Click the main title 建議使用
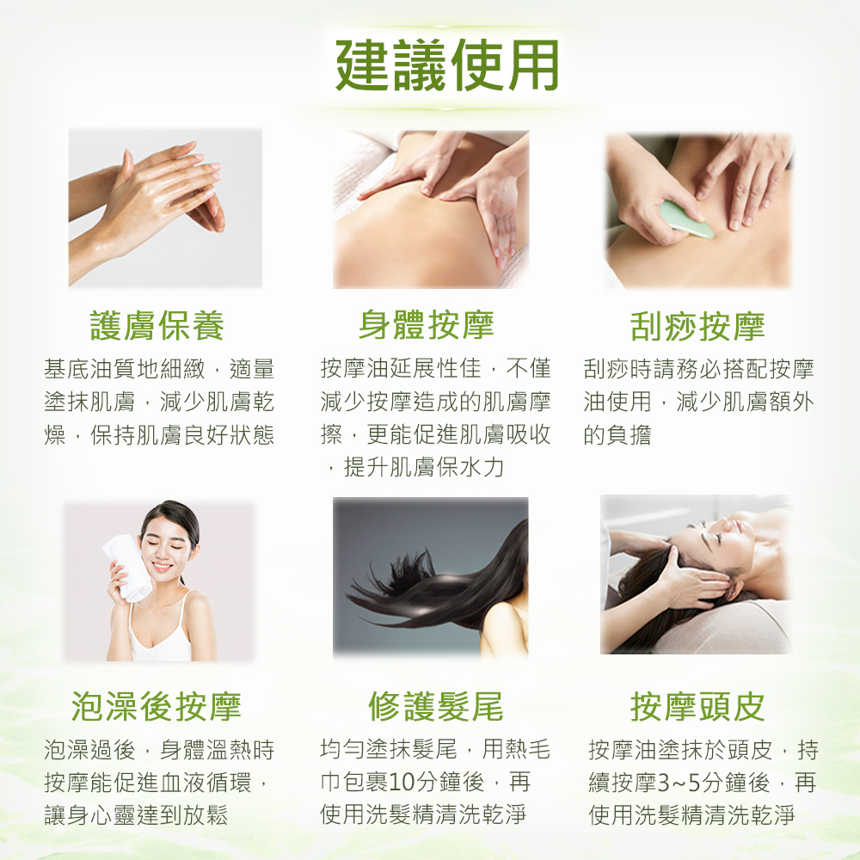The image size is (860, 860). coord(447,65)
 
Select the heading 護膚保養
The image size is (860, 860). coord(157,325)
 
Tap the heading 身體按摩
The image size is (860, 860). coord(427,324)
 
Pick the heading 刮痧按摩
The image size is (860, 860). coord(697,326)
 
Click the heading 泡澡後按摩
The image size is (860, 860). coord(157,706)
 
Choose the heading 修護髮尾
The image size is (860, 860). coord(435,706)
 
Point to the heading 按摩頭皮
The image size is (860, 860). coord(697,706)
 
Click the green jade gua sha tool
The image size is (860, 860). coord(686,220)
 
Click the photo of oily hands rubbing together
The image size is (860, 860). coord(165,208)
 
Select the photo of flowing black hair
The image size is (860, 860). coord(431,577)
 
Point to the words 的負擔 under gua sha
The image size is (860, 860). coord(617,435)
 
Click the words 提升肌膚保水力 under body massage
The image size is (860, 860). coord(424,467)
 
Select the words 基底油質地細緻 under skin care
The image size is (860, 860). coord(125,369)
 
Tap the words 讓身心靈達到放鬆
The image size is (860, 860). coord(136,815)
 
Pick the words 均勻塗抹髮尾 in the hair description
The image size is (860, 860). coord(389,749)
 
